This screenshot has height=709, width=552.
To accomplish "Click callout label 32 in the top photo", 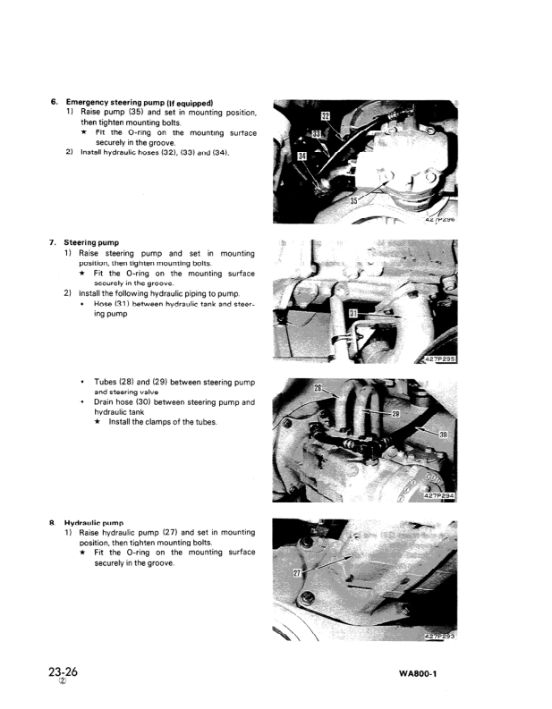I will tap(325, 116).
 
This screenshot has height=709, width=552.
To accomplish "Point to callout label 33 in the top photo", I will tap(315, 134).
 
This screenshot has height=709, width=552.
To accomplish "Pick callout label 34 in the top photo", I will tap(303, 156).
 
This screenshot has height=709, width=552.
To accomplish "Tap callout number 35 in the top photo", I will tap(354, 201).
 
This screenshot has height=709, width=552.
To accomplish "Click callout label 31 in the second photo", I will tap(354, 314).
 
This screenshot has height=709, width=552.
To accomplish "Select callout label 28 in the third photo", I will tap(318, 389).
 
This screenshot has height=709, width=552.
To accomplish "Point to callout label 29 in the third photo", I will tap(395, 413).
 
